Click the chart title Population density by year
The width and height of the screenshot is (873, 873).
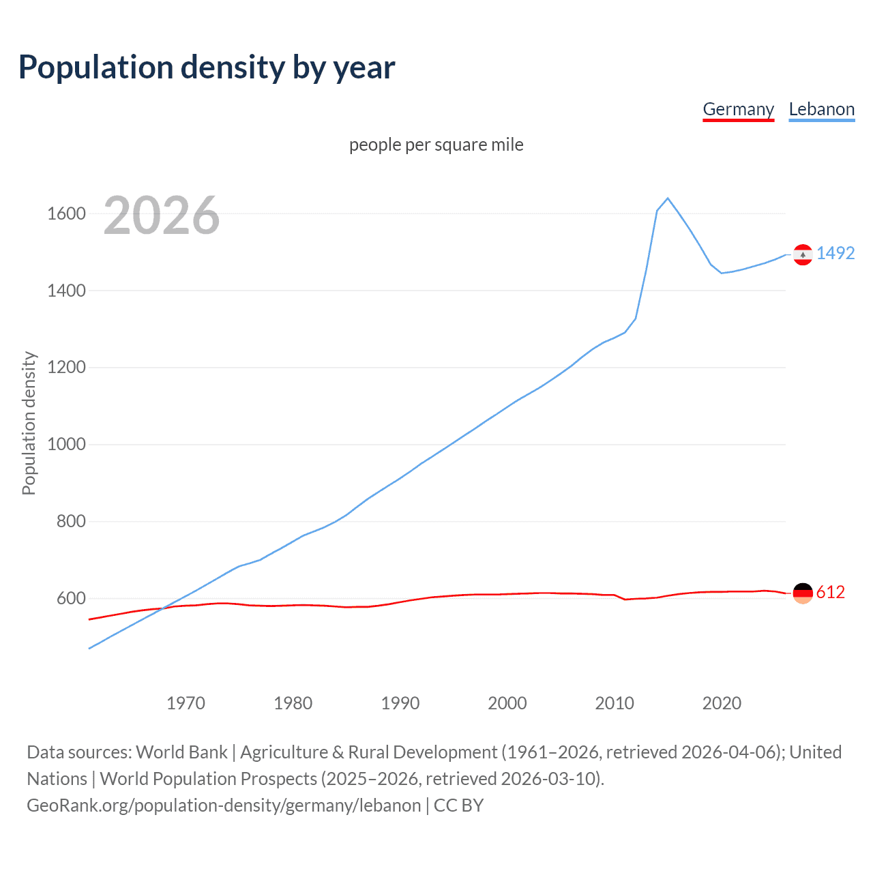coord(207,68)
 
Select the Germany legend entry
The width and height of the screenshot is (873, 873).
coord(738,110)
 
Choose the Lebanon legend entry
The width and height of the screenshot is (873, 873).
coord(821,110)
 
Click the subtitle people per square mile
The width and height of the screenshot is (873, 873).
coord(436,145)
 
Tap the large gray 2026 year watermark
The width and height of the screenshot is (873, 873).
coord(162,216)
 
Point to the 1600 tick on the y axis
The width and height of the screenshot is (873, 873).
coord(66,214)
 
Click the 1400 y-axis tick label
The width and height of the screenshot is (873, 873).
coord(66,291)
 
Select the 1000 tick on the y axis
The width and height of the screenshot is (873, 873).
coord(66,445)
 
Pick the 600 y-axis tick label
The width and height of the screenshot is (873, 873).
coord(71,599)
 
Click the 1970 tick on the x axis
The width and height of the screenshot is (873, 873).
coord(186,703)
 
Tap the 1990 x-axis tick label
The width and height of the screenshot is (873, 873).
coord(400,703)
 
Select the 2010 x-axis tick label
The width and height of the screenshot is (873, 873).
coord(615,703)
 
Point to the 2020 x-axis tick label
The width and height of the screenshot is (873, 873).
coord(722,703)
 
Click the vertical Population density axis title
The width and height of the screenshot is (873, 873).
coord(29,423)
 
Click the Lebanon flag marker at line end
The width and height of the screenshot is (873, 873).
coord(803,254)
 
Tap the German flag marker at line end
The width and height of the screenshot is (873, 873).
coord(803,593)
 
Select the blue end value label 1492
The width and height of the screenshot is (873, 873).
coord(835,254)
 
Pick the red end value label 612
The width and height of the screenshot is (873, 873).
coord(830,593)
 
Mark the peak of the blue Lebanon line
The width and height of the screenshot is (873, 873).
coord(668,198)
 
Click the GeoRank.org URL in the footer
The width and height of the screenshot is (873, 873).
coord(224,805)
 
